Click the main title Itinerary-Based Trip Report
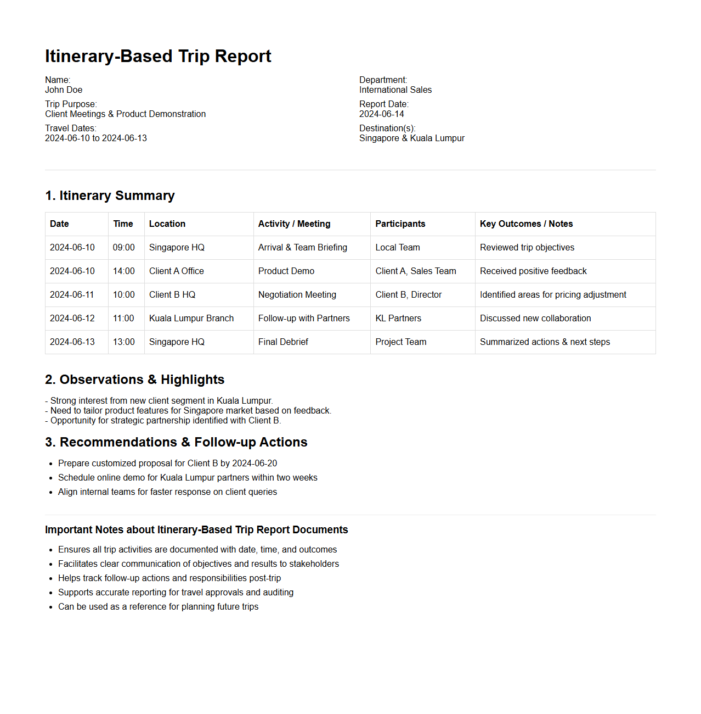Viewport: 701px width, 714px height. click(158, 56)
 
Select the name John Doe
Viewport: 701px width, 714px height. click(64, 90)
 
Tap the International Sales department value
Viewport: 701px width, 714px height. click(395, 90)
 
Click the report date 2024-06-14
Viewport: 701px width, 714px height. click(381, 114)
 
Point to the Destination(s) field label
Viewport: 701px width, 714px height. click(387, 129)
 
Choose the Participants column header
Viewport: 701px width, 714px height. click(400, 224)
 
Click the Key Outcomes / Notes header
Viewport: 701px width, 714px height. click(526, 224)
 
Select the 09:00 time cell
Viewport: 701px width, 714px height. click(123, 248)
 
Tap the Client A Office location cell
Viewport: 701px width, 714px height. click(176, 271)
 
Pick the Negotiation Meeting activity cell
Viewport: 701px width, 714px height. click(297, 295)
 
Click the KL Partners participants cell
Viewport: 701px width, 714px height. click(398, 319)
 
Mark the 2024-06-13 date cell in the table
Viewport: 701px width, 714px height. click(72, 342)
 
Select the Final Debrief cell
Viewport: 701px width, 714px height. click(283, 342)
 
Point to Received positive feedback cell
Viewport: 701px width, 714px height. click(533, 271)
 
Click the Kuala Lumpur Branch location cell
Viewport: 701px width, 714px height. click(191, 319)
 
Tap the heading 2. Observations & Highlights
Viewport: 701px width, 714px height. click(134, 380)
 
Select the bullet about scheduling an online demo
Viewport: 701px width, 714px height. click(188, 478)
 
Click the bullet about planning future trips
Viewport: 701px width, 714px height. click(158, 607)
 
